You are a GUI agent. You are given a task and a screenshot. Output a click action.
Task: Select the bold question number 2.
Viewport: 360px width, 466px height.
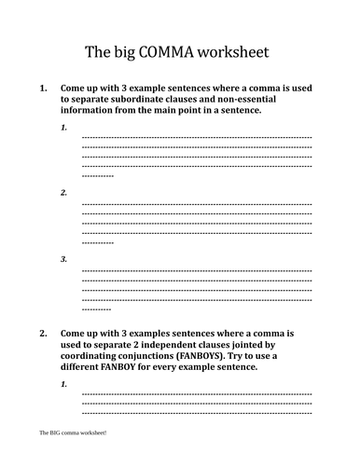42,331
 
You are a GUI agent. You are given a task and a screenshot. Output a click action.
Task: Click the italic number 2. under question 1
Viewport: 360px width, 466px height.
63,192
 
